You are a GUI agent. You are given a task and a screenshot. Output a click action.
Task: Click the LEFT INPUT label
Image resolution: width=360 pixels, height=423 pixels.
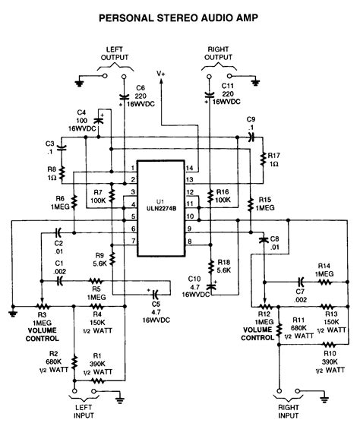(84, 410)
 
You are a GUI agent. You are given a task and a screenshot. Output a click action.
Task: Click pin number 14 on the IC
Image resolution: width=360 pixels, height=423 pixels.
(189, 167)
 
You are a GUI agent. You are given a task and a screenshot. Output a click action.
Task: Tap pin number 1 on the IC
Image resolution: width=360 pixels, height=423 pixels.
(133, 167)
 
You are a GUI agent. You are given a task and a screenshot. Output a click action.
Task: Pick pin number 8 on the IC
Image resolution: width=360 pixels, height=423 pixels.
(189, 241)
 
